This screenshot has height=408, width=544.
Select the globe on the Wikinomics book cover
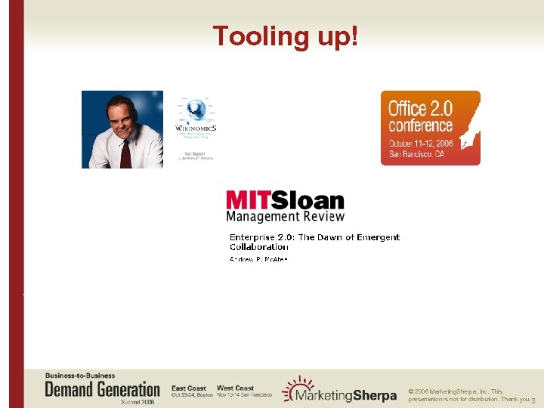click(x=196, y=110)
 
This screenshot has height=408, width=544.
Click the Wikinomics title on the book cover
click(x=196, y=129)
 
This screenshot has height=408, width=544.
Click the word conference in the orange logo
click(x=420, y=125)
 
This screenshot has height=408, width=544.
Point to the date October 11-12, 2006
click(x=422, y=143)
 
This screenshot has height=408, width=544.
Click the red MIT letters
click(x=247, y=201)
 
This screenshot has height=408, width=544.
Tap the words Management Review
click(x=286, y=216)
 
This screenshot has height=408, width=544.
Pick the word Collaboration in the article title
click(x=259, y=247)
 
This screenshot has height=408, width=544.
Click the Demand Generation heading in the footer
click(x=103, y=390)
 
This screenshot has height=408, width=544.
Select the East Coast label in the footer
click(x=189, y=388)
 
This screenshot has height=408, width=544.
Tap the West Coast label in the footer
click(x=235, y=388)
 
